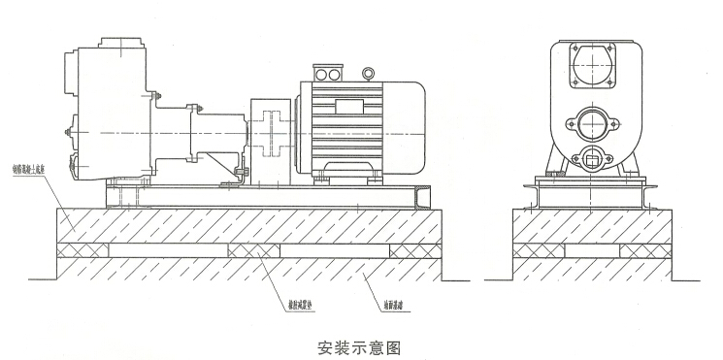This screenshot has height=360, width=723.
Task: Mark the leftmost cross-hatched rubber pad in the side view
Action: coord(82,251)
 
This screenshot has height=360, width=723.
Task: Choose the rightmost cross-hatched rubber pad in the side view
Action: coord(414,251)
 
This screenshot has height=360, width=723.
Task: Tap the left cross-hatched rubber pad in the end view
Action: coord(540,251)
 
